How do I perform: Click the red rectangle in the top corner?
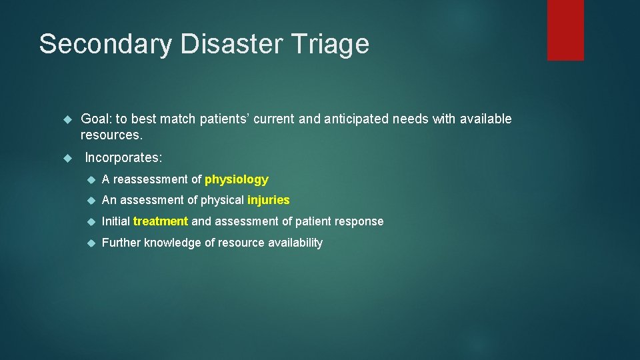tap(565, 30)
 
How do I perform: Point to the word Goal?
tap(96, 119)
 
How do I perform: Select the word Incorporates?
tap(123, 158)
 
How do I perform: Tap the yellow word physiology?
tap(237, 179)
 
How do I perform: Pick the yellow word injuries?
tap(268, 200)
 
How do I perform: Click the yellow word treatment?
tap(161, 221)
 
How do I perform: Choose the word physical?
tap(221, 200)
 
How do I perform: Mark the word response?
tap(361, 221)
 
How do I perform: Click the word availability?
tap(295, 243)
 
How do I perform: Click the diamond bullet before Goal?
tap(66, 119)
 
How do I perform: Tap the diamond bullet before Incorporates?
tap(66, 159)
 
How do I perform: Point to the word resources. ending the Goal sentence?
tap(111, 135)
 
